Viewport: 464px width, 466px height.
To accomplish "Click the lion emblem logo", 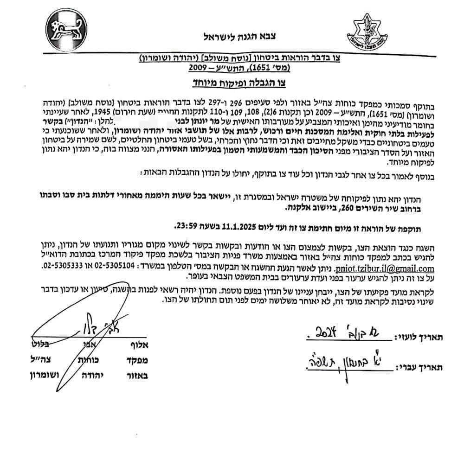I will tap(65, 29).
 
